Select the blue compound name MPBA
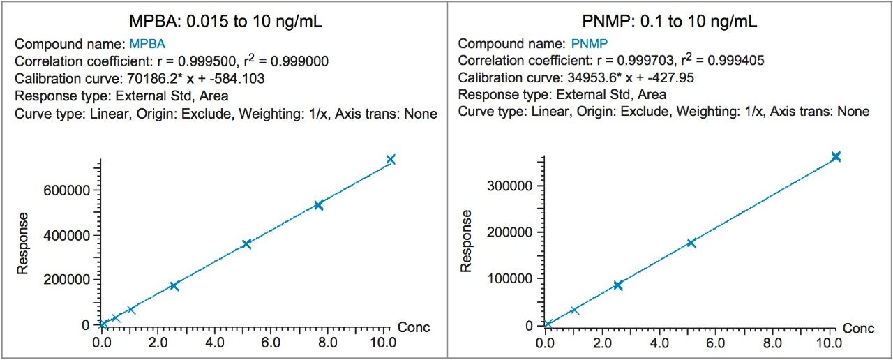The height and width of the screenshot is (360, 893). coord(148,44)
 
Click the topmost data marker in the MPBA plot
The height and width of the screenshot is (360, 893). coord(391,160)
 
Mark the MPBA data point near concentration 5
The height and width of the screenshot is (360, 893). coord(246,243)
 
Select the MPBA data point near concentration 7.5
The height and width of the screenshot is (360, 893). coord(319,205)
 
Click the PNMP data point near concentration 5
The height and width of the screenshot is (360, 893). coord(691,243)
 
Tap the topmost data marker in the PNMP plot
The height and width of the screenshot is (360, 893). coord(836,156)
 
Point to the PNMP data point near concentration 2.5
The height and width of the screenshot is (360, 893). coord(617,285)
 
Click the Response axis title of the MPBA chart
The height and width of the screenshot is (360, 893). coord(22,243)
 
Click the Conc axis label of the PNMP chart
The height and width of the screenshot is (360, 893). coord(858,327)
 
